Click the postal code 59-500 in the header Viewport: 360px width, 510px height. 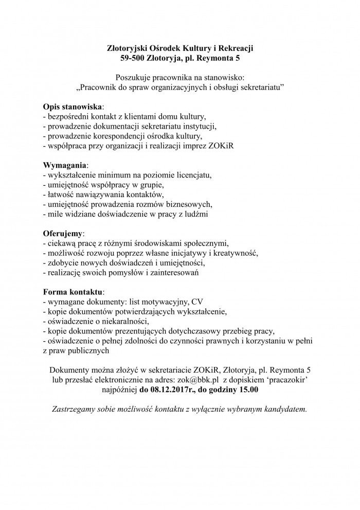coord(133,59)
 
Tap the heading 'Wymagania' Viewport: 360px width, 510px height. coord(65,165)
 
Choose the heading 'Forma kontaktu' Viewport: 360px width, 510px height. coord(73,291)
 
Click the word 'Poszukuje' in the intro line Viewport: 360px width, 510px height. coord(133,77)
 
